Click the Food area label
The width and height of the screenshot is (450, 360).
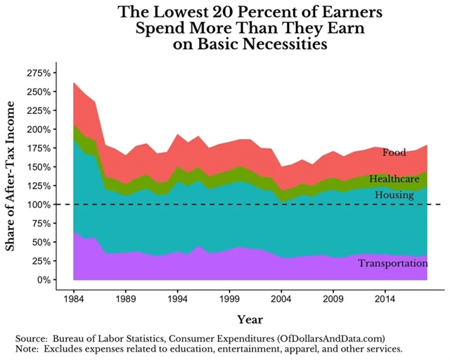click(394, 153)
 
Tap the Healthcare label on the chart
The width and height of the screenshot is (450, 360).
click(394, 179)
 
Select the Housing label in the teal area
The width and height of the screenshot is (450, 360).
click(394, 195)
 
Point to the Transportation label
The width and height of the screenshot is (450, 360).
click(392, 264)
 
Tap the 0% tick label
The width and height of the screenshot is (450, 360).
click(56, 280)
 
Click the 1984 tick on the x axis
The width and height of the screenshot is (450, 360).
click(73, 298)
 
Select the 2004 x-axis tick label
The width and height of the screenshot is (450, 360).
click(284, 298)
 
